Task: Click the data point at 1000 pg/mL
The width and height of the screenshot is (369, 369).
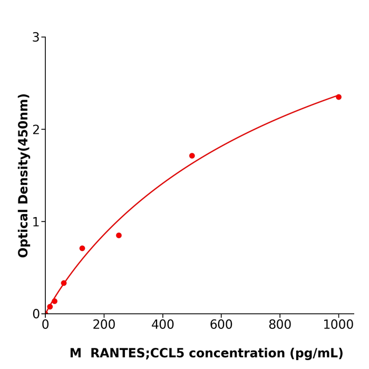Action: pyautogui.click(x=338, y=97)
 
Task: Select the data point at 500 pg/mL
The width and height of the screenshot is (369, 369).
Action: pyautogui.click(x=192, y=156)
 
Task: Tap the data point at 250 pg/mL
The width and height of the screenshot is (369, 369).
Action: pyautogui.click(x=119, y=235)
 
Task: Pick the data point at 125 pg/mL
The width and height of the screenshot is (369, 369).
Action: pyautogui.click(x=82, y=248)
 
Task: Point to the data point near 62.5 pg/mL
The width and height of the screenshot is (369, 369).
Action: pyautogui.click(x=64, y=283)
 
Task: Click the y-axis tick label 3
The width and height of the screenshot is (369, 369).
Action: pyautogui.click(x=36, y=37)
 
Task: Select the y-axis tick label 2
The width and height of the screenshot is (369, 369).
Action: pyautogui.click(x=36, y=130)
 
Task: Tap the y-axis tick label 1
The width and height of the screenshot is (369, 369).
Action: pyautogui.click(x=36, y=222)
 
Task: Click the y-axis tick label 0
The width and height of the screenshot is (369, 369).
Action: pyautogui.click(x=36, y=314)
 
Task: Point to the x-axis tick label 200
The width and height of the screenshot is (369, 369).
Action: pyautogui.click(x=104, y=325)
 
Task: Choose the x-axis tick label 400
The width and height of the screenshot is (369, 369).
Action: pyautogui.click(x=162, y=325)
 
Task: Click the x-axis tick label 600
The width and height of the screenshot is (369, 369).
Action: pyautogui.click(x=221, y=325)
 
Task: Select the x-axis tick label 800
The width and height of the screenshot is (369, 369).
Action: pyautogui.click(x=279, y=325)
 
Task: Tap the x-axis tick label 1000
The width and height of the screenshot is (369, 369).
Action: pyautogui.click(x=338, y=325)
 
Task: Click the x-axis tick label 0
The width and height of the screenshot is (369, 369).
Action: pyautogui.click(x=45, y=325)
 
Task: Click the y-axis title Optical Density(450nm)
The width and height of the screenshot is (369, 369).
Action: pyautogui.click(x=24, y=176)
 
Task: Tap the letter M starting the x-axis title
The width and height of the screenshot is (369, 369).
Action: pyautogui.click(x=75, y=354)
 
